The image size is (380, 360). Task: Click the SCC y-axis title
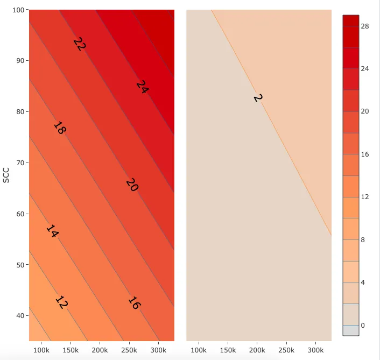coord(6,175)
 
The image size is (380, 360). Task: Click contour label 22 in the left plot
coord(79,45)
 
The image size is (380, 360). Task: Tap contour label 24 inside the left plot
coord(142,87)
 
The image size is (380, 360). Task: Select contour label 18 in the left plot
coord(59,128)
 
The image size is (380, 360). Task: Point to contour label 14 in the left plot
coord(52,231)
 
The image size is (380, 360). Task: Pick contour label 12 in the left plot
coord(61,303)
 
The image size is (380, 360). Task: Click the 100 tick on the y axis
coord(19,10)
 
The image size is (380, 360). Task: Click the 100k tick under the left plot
coord(41,350)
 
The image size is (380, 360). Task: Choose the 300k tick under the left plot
coord(158,350)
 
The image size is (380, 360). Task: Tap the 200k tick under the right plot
coord(257,350)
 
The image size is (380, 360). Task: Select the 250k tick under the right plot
coord(286,350)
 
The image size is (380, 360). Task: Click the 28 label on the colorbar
coord(364,26)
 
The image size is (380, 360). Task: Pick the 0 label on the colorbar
coord(362,325)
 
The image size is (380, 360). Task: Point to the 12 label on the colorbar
coord(364,197)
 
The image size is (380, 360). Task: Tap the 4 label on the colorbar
coord(362,283)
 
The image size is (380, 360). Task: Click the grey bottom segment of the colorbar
coord(350,330)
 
